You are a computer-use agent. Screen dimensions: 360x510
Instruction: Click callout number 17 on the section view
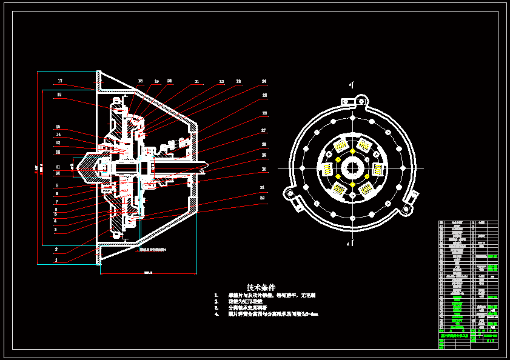60,81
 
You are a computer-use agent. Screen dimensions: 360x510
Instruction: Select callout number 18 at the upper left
59,95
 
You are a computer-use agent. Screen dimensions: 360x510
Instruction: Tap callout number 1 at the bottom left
56,259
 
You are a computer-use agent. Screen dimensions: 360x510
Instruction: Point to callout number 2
56,248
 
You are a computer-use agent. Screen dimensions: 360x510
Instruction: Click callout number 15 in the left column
58,127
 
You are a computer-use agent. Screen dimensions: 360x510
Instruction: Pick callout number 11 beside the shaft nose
58,167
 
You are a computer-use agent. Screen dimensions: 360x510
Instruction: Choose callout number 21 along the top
196,81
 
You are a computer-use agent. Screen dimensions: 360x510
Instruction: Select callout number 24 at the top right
264,81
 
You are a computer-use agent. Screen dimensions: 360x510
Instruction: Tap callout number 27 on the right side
264,130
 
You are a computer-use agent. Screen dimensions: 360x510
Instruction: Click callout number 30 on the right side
264,169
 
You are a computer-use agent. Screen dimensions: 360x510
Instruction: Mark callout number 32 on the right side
262,198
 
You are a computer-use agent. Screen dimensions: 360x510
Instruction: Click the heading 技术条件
261,287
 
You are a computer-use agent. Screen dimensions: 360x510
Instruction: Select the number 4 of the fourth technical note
216,315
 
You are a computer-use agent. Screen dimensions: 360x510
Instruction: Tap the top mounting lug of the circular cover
362,100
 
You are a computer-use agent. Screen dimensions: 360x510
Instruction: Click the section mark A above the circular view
350,85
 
